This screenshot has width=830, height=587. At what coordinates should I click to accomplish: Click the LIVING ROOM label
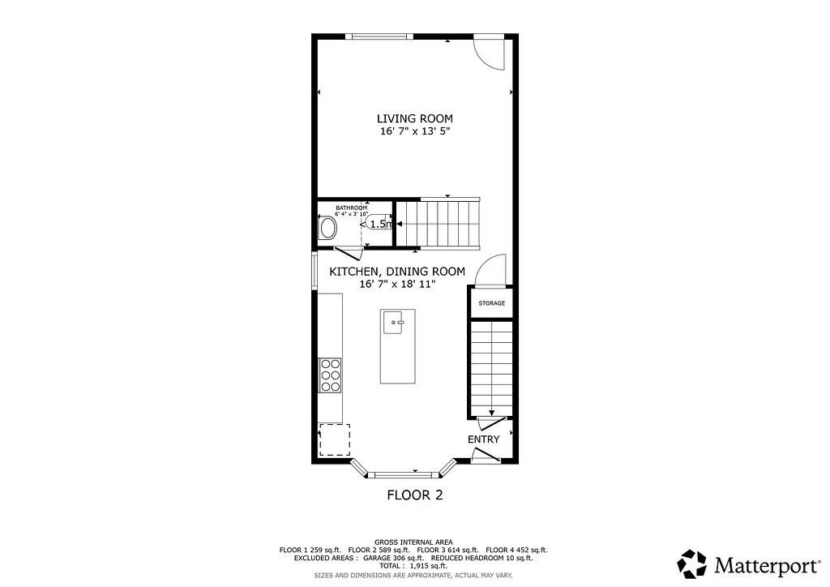click(x=414, y=118)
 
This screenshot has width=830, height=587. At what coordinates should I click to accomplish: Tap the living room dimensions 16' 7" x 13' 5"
click(x=414, y=131)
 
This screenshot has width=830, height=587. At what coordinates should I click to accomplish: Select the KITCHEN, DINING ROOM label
click(x=397, y=272)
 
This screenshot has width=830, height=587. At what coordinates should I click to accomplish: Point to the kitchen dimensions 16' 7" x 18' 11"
click(x=397, y=285)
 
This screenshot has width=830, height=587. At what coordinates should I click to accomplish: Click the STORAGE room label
click(x=491, y=303)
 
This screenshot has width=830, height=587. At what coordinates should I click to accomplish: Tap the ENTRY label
click(x=483, y=439)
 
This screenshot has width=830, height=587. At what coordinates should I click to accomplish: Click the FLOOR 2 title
click(x=414, y=494)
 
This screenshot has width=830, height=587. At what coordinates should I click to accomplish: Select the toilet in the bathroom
click(x=328, y=227)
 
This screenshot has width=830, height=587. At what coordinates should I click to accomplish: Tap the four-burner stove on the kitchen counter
click(x=330, y=375)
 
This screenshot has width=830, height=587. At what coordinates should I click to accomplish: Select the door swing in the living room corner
click(x=490, y=51)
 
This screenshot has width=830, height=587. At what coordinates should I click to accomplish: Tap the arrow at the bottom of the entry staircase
click(x=491, y=413)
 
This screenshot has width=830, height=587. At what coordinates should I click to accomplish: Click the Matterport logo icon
click(x=692, y=563)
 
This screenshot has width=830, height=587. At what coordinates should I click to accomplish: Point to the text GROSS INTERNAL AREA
click(x=414, y=542)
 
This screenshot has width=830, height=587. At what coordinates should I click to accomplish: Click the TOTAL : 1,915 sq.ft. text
click(x=414, y=566)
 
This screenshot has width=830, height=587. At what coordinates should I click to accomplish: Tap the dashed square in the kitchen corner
click(x=334, y=439)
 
